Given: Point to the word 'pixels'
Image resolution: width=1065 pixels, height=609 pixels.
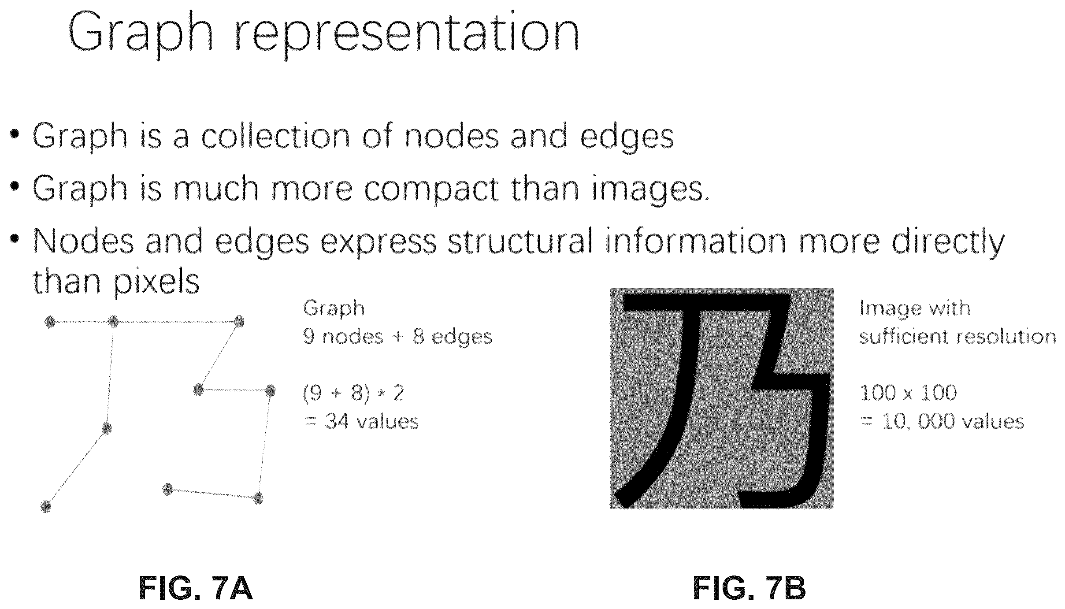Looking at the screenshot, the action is tap(156, 282).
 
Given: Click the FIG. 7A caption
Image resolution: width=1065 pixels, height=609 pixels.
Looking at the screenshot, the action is tap(196, 588).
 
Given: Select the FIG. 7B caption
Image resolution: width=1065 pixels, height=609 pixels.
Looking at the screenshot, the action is tap(749, 588).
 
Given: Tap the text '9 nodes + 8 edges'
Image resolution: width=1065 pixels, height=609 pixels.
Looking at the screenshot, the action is tap(397, 337).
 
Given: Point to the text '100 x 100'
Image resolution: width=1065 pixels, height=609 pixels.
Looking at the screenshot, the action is tap(908, 393).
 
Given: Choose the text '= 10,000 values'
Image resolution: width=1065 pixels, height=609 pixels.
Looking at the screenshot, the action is tap(942, 422).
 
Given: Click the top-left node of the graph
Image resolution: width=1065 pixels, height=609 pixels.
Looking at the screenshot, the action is tap(50, 322).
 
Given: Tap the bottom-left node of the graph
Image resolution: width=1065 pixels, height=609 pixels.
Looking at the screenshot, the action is tap(46, 506).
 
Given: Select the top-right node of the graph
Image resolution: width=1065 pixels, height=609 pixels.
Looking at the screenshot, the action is tap(239, 321).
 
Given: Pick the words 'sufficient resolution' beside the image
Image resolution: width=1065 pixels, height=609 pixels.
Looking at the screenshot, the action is tap(957, 337).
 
